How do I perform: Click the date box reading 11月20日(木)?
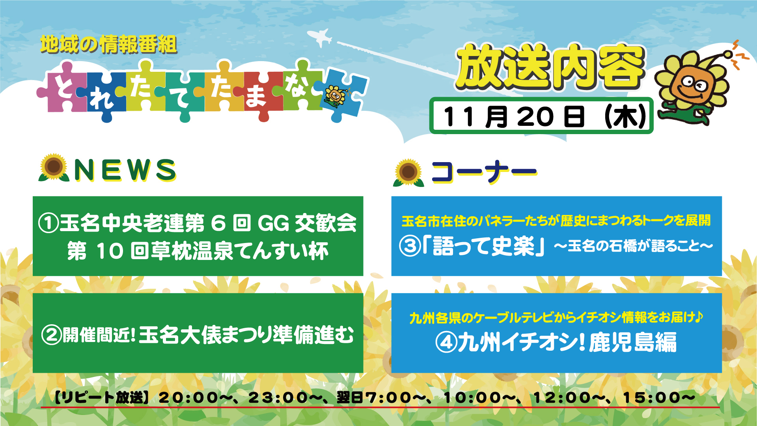(541, 116)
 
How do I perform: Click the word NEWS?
(125, 170)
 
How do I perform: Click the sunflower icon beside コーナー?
(408, 172)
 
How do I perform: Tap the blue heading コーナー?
(484, 172)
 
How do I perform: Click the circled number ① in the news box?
(48, 223)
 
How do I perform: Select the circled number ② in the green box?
(51, 335)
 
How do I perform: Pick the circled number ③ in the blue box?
(409, 246)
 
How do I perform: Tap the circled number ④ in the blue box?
(446, 342)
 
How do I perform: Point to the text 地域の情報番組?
(108, 44)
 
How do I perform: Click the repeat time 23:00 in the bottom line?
(278, 397)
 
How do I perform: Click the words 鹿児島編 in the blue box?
(633, 342)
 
